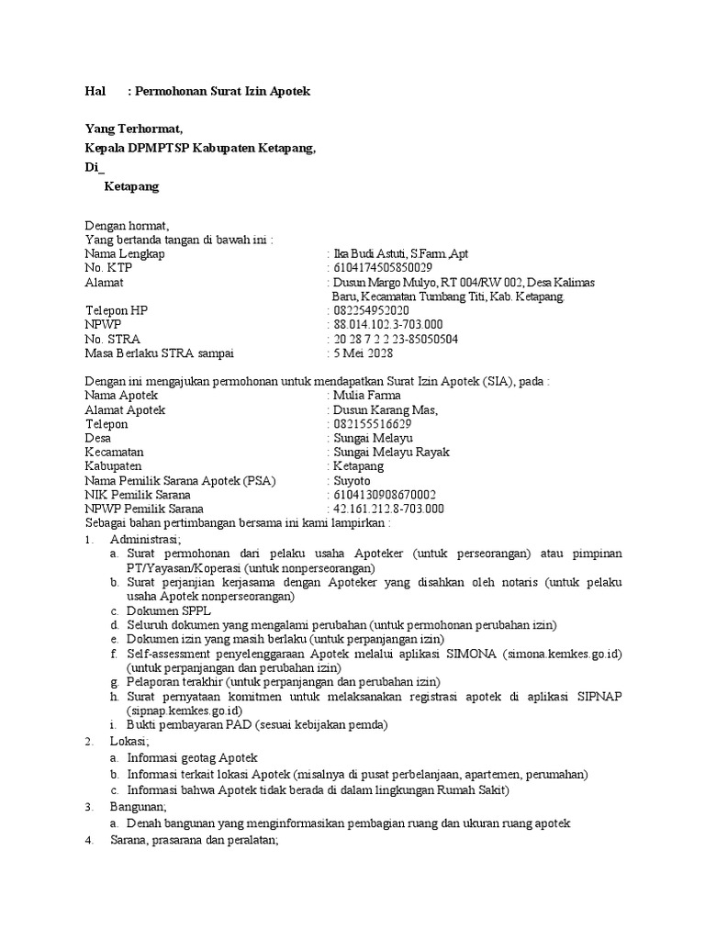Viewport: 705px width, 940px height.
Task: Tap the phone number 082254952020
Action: pos(371,311)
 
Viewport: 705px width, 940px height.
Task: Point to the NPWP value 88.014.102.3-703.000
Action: pos(388,325)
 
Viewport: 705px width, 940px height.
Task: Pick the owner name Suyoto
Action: pos(352,481)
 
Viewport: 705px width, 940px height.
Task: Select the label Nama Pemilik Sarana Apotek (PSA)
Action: pos(180,481)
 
